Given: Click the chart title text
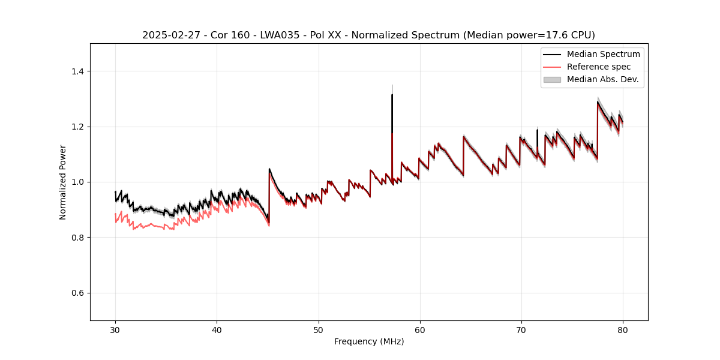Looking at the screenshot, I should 368,35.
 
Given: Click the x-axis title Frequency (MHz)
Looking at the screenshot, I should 369,341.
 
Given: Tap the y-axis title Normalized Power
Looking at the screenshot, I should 62,182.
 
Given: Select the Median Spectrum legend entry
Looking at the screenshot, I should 603,55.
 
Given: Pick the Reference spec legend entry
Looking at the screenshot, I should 602,67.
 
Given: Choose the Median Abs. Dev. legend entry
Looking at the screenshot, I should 602,79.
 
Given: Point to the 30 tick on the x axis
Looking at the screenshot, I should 116,329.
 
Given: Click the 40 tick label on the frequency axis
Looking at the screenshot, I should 217,329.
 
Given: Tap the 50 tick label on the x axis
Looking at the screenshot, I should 319,329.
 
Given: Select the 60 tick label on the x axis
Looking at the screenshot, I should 420,329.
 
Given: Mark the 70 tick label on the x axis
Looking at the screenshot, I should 521,329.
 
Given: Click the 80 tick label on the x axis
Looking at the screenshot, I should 623,329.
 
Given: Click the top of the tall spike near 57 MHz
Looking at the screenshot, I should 392,95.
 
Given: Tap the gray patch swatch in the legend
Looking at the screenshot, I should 552,79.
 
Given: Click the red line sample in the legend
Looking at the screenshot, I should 552,67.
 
